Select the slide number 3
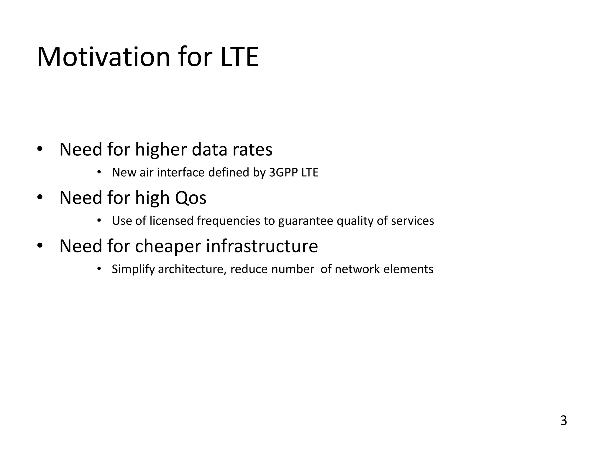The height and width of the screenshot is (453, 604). (563, 421)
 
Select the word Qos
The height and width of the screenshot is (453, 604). (191, 198)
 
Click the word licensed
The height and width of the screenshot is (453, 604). (171, 221)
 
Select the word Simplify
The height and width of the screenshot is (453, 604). (133, 269)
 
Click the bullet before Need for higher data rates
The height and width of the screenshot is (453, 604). (40, 149)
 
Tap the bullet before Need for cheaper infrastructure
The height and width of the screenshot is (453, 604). (40, 246)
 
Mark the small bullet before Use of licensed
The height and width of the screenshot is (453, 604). (99, 220)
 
